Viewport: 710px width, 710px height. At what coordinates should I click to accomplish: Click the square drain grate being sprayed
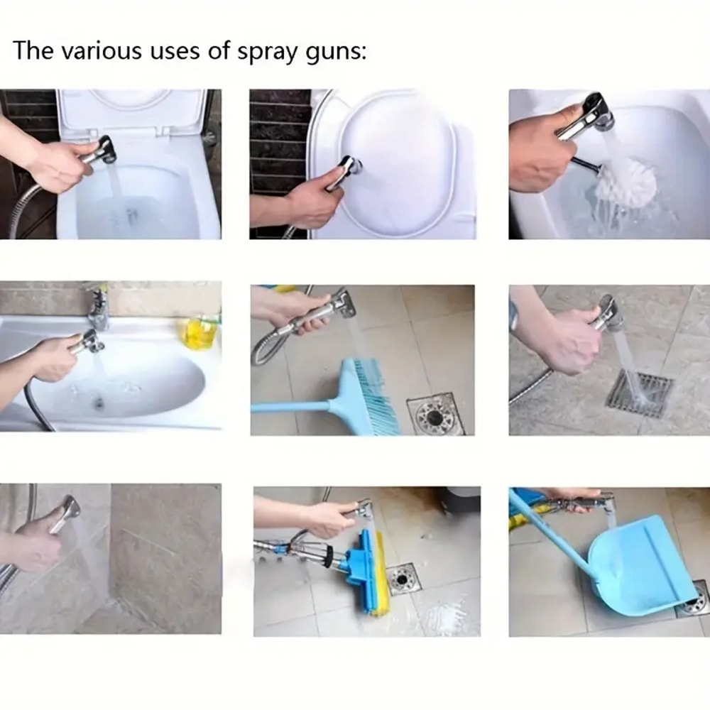pos(639,392)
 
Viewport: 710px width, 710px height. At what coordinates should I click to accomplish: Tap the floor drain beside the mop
pos(403,579)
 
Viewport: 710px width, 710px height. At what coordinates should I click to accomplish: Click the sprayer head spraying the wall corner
pos(69,508)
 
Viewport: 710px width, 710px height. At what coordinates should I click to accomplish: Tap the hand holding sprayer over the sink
pos(53,359)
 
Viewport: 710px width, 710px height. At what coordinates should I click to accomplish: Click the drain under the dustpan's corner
pos(694,602)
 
